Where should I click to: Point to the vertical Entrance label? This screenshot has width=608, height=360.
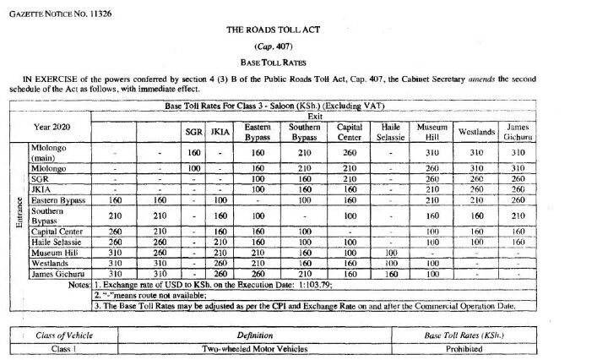click(19, 215)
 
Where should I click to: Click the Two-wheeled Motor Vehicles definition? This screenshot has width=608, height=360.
click(254, 347)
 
